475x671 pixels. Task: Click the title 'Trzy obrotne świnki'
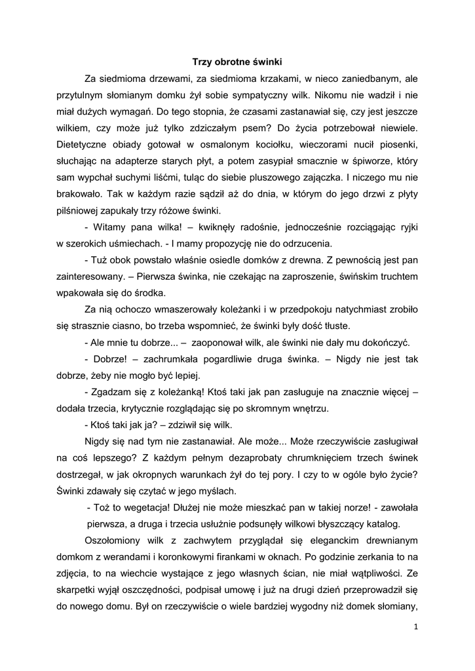[237, 63]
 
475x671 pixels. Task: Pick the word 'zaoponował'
[222, 342]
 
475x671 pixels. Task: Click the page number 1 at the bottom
[415, 627]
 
